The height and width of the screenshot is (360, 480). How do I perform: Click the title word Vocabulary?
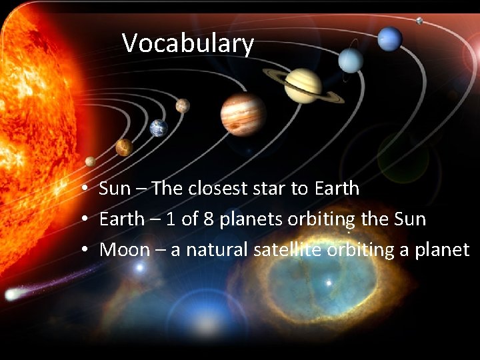[188, 44]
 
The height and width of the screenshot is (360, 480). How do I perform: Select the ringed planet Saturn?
[303, 85]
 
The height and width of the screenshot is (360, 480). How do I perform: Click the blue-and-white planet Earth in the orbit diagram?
[157, 127]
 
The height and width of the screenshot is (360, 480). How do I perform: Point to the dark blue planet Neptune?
[389, 39]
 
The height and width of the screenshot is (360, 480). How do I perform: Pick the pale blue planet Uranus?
[350, 60]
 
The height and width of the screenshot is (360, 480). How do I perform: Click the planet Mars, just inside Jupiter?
[182, 105]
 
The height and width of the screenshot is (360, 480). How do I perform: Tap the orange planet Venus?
[124, 147]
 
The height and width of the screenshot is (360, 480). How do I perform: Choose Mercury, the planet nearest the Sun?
[90, 161]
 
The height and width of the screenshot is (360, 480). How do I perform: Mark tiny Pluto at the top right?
[419, 21]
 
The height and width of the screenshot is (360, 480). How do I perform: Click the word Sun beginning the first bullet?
[115, 189]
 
